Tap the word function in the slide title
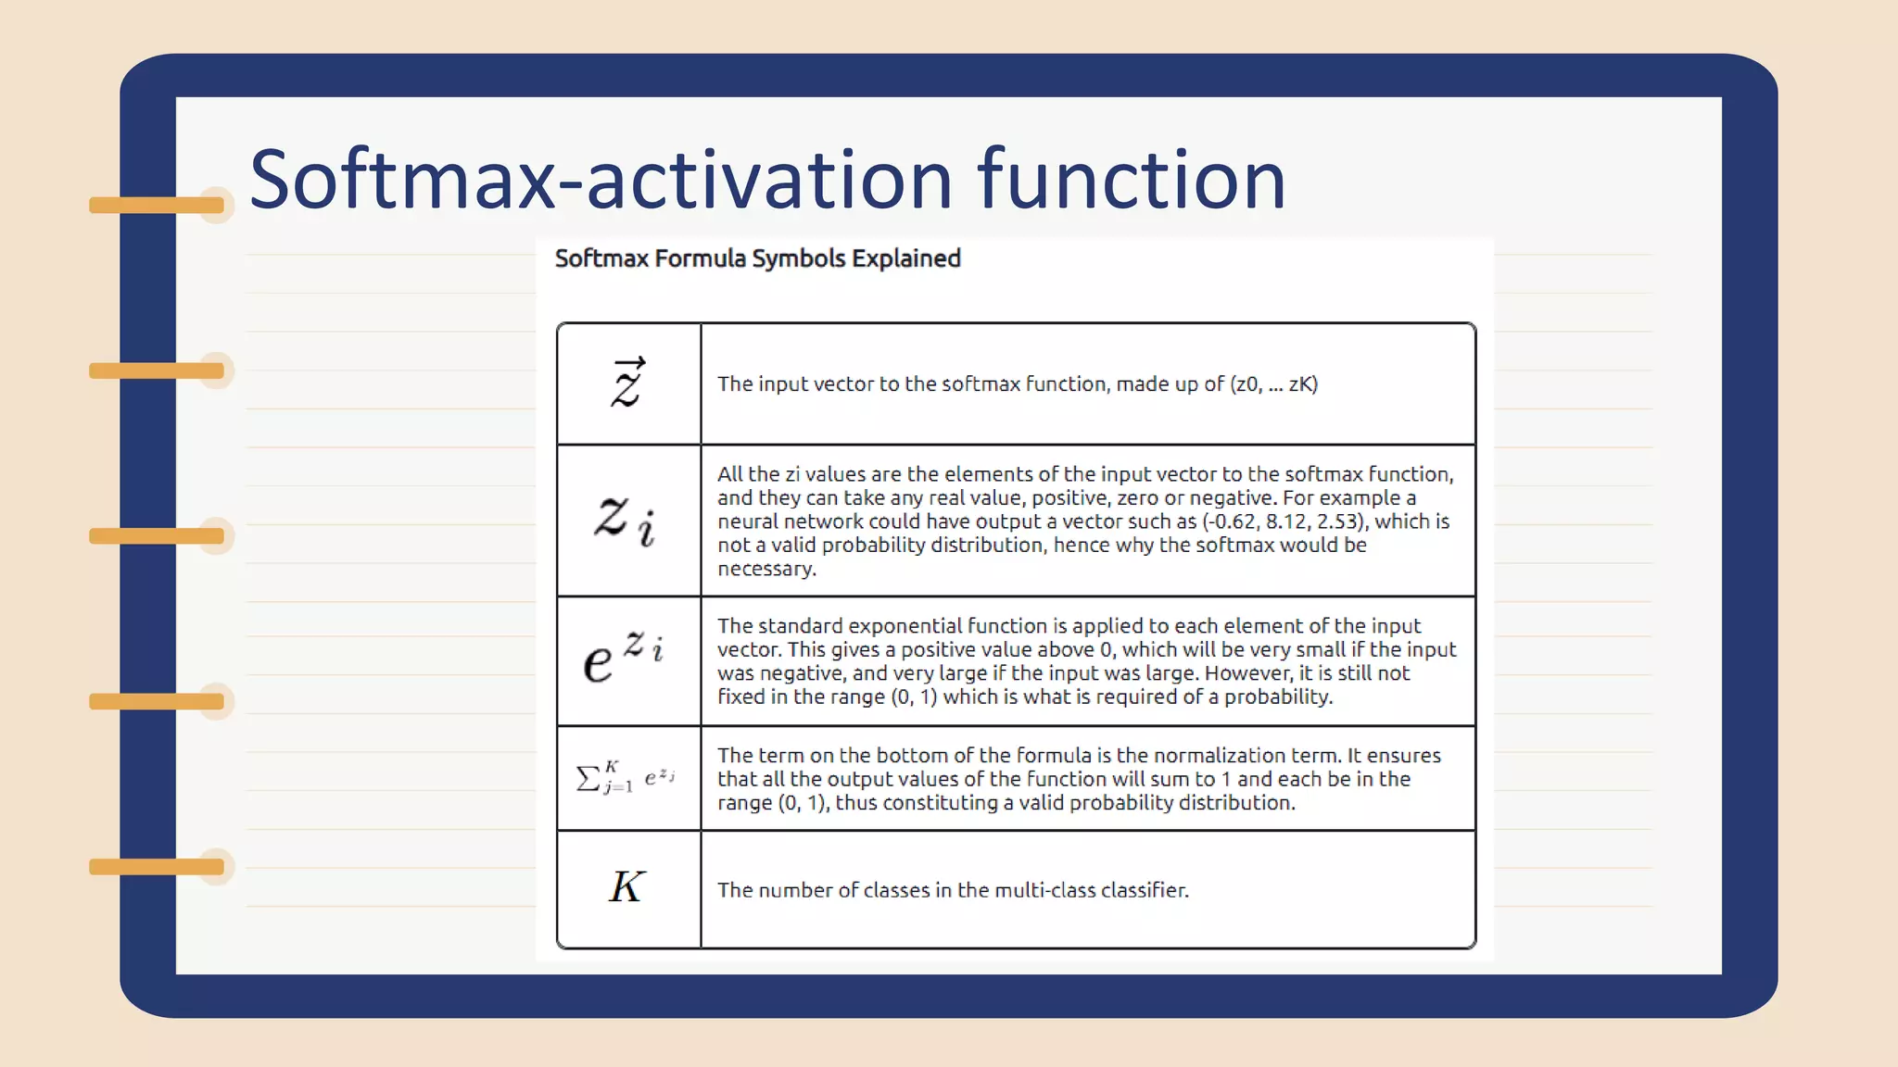[x=1132, y=179]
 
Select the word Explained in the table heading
[x=905, y=258]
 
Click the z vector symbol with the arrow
[x=627, y=383]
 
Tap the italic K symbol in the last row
[x=626, y=887]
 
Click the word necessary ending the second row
[x=766, y=569]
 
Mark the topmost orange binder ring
[x=158, y=205]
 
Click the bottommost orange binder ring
[x=158, y=867]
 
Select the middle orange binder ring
[x=158, y=535]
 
